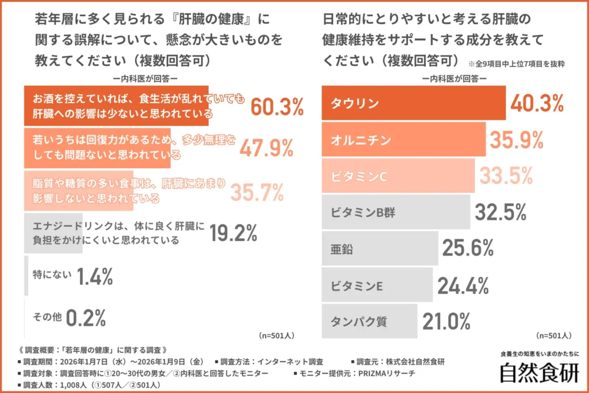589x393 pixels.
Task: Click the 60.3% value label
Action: [277, 106]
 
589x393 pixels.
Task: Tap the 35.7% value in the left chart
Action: [257, 192]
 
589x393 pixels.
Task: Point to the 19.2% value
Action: [233, 233]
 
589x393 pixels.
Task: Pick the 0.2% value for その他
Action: [86, 316]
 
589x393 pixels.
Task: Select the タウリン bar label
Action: [355, 104]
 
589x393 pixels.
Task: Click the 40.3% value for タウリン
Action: [537, 104]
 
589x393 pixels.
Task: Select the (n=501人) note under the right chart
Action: [553, 335]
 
